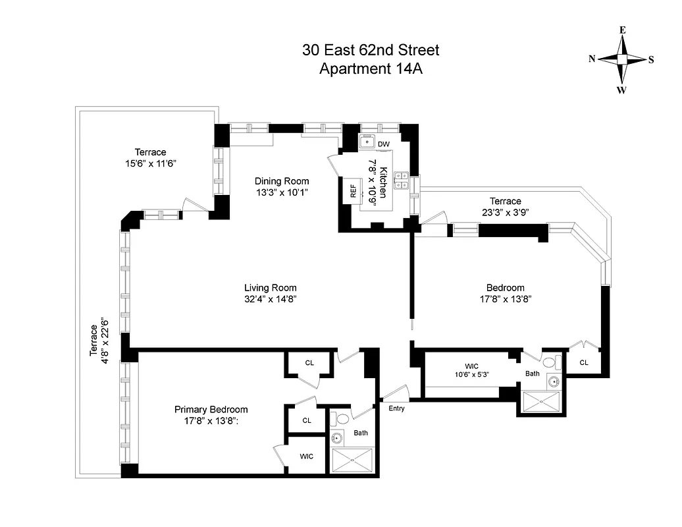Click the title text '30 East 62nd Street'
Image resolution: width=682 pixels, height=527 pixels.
(371, 49)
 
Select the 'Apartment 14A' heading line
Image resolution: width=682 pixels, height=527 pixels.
(371, 69)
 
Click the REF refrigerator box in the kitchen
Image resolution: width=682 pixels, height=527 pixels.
(353, 191)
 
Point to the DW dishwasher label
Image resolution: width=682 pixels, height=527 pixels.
(384, 144)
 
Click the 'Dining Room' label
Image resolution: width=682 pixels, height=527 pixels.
(282, 181)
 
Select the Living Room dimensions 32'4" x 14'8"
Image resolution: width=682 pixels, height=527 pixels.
(271, 299)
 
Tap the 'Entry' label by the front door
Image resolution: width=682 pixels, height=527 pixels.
(396, 408)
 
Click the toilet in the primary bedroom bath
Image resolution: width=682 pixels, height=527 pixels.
(342, 418)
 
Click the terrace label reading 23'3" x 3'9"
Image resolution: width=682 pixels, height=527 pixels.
(505, 212)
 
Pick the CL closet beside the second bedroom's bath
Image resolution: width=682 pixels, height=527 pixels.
(583, 362)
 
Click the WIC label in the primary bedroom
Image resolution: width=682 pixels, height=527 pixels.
(307, 455)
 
